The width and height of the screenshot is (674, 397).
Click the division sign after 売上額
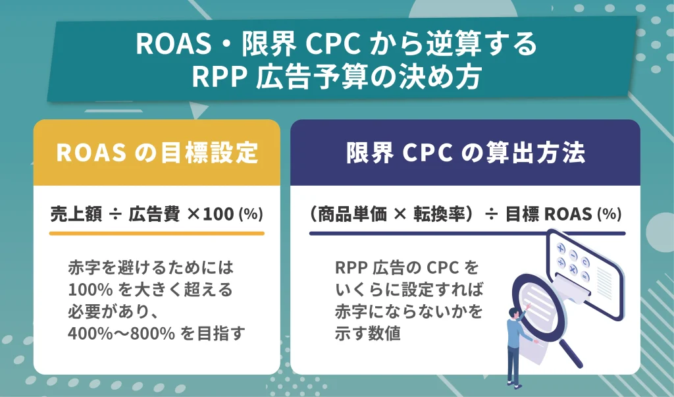[x=109, y=215]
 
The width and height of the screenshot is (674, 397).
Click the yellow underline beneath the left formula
[x=157, y=233]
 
